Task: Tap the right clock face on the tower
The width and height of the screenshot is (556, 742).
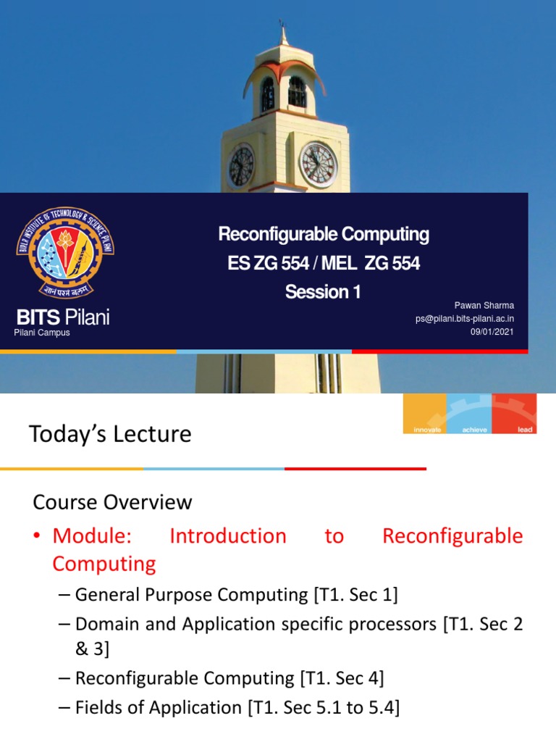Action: [x=318, y=164]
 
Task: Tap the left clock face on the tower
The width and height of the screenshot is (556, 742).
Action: [x=241, y=165]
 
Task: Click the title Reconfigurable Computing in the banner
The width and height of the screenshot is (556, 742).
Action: [x=324, y=235]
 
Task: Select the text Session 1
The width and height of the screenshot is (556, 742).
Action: [x=323, y=292]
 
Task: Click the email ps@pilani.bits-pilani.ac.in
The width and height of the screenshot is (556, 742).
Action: [x=465, y=319]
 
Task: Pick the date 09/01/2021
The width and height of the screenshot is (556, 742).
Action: [x=492, y=331]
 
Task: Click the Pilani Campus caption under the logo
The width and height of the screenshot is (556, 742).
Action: [x=42, y=333]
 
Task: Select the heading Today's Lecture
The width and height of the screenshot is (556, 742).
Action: [x=110, y=434]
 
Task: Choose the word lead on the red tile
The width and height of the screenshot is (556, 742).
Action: [x=525, y=430]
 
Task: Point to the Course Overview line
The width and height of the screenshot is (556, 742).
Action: [x=113, y=501]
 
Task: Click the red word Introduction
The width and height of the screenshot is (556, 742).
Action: [x=227, y=536]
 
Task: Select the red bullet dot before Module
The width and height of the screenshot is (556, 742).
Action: [x=38, y=537]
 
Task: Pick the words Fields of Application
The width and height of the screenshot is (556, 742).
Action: [x=159, y=707]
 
